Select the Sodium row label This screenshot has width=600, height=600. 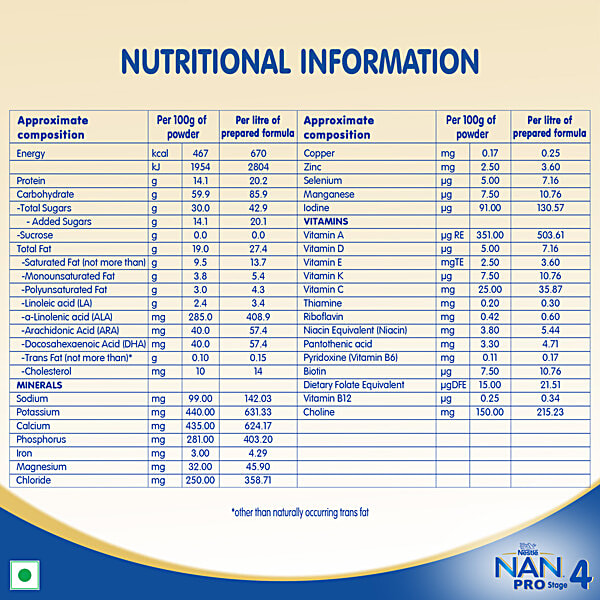[33, 398]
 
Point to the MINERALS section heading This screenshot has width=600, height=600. [40, 384]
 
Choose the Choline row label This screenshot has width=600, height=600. [322, 411]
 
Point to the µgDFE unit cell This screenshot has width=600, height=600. [455, 384]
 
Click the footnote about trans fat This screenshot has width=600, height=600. [300, 512]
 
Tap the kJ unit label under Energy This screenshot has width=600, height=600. [156, 166]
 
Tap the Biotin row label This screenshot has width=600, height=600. [318, 370]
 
